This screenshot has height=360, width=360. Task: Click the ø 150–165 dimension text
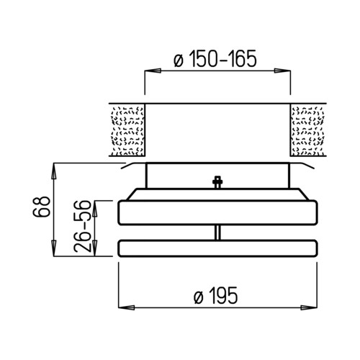(x=215, y=59)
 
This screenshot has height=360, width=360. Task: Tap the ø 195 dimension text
(x=215, y=295)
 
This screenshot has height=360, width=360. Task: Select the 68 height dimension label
(x=42, y=207)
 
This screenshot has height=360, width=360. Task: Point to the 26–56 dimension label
(x=83, y=226)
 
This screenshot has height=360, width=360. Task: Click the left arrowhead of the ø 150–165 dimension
(x=153, y=71)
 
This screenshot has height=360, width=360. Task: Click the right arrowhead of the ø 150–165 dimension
(x=282, y=71)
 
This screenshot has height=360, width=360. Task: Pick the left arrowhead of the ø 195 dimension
(x=127, y=307)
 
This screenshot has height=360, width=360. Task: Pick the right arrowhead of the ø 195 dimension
(x=309, y=307)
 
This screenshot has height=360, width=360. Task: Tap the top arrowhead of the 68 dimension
(x=54, y=171)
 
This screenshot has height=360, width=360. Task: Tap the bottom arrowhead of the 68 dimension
(x=54, y=248)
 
